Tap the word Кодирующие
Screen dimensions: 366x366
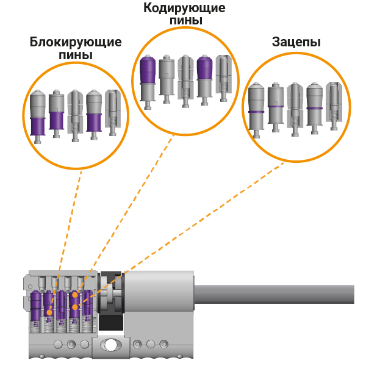[184, 9]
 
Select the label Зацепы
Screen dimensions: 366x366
[296, 42]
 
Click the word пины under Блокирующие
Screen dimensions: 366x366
[76, 56]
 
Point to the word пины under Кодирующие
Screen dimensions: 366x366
[184, 21]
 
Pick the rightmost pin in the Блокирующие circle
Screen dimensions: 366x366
[112, 112]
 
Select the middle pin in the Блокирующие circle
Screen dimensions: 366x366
[74, 115]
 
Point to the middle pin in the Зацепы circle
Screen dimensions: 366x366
[295, 107]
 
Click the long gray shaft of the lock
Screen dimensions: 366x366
[274, 295]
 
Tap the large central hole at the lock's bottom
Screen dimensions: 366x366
[110, 345]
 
